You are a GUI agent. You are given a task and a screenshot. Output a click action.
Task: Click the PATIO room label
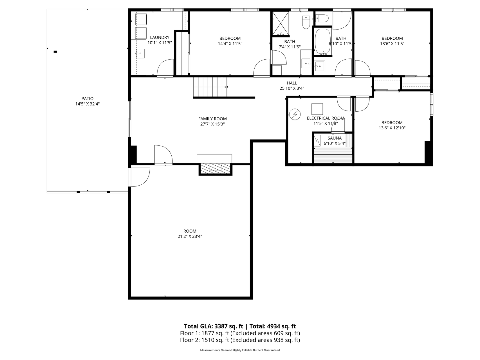(x=87, y=98)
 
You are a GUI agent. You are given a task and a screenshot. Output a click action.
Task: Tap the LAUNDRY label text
(x=160, y=37)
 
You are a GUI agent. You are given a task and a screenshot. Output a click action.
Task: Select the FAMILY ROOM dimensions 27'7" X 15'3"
(x=212, y=124)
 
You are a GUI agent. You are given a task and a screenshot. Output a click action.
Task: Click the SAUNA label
(x=335, y=138)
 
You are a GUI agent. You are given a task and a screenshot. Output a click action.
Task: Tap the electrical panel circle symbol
(x=295, y=114)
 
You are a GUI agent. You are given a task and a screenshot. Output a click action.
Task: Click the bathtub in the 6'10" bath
(x=323, y=42)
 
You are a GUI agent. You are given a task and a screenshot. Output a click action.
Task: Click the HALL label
(x=292, y=83)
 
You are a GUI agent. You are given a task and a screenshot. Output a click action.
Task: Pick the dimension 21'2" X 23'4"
(x=190, y=237)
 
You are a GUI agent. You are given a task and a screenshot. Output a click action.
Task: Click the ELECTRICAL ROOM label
(x=325, y=118)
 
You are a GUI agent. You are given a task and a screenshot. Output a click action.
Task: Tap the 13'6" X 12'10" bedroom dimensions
(x=392, y=128)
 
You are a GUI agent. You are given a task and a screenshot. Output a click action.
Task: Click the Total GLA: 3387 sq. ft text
(x=214, y=326)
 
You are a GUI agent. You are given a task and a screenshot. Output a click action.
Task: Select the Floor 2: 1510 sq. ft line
(x=240, y=340)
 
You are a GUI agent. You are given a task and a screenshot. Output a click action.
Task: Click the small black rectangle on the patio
(x=55, y=51)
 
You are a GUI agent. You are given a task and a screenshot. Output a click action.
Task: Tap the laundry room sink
(x=140, y=53)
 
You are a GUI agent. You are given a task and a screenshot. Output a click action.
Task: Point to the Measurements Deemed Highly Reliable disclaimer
(x=240, y=350)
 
